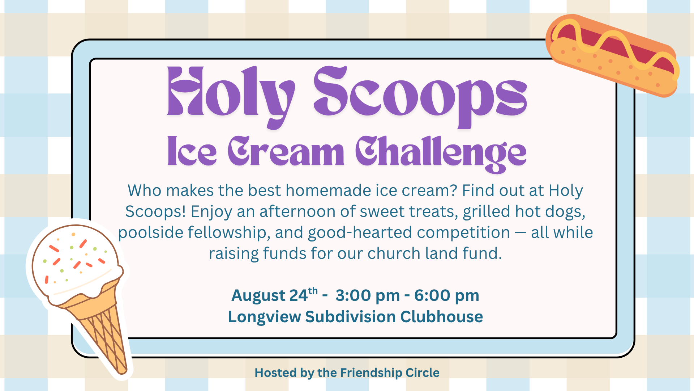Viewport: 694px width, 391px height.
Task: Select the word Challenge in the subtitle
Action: point(441,154)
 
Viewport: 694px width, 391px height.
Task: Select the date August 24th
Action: point(275,295)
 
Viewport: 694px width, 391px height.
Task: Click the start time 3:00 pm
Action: point(368,295)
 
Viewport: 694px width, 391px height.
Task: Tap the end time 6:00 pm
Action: point(447,295)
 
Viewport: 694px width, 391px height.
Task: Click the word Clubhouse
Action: point(441,316)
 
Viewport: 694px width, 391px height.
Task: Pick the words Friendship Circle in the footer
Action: point(390,373)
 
